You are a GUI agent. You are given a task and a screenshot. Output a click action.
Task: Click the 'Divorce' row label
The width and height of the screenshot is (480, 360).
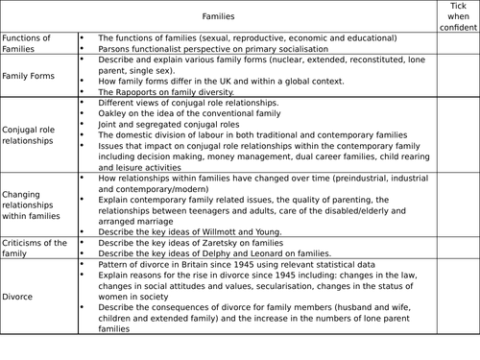(20, 297)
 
